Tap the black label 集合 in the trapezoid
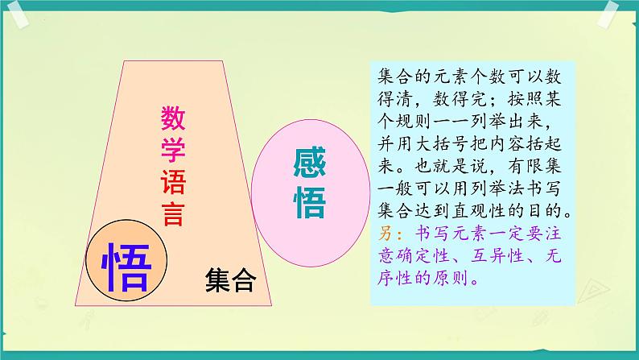(230, 280)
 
